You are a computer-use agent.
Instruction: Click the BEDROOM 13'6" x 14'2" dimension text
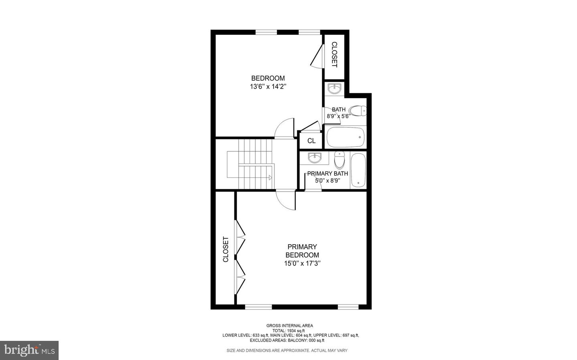click(x=268, y=86)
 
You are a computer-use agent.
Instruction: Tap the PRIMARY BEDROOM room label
click(x=302, y=251)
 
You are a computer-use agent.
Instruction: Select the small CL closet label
click(x=311, y=141)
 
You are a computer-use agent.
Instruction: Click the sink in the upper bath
click(x=334, y=88)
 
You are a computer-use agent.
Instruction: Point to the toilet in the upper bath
click(x=357, y=111)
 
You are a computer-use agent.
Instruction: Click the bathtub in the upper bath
click(x=345, y=137)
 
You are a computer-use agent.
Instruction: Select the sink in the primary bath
click(x=315, y=158)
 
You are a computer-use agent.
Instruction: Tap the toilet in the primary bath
click(x=339, y=160)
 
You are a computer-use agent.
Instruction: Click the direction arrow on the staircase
click(x=270, y=177)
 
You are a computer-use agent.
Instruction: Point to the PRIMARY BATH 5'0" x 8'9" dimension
click(x=327, y=181)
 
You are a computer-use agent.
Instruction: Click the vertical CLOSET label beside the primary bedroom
click(x=226, y=249)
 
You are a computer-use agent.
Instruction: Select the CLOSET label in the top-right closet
click(x=334, y=55)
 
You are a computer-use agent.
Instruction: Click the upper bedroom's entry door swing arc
click(x=285, y=128)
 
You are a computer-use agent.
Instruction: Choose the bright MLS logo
click(x=29, y=350)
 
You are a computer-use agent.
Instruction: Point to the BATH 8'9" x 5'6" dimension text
click(x=339, y=117)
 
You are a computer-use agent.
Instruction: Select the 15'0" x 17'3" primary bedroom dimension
click(x=303, y=263)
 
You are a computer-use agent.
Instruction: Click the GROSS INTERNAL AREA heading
click(x=289, y=326)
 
